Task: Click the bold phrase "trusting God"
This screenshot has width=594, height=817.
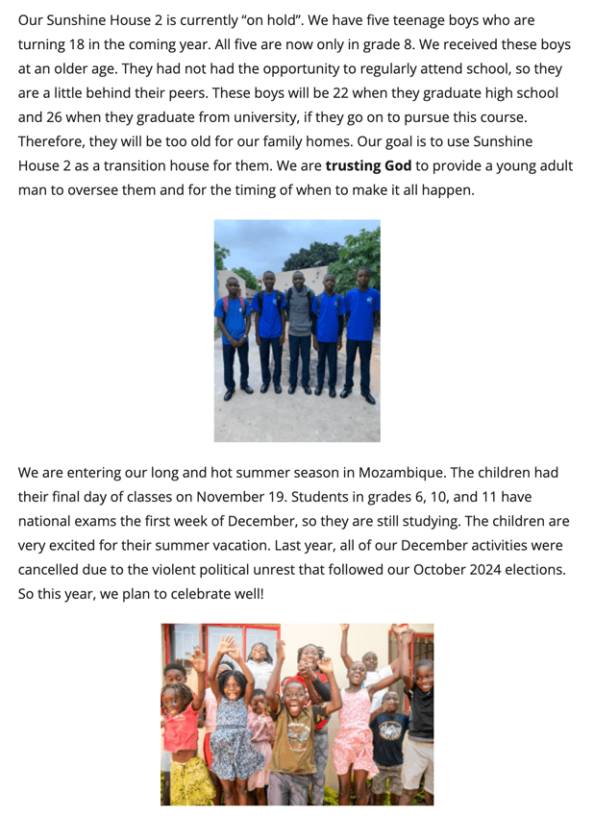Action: click(368, 165)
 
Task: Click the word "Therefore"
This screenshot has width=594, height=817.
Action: click(53, 141)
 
